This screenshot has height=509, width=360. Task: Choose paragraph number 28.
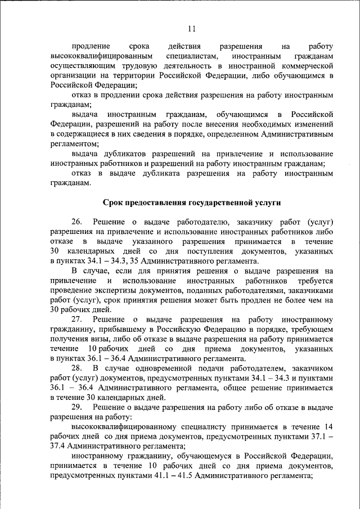tap(78, 368)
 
